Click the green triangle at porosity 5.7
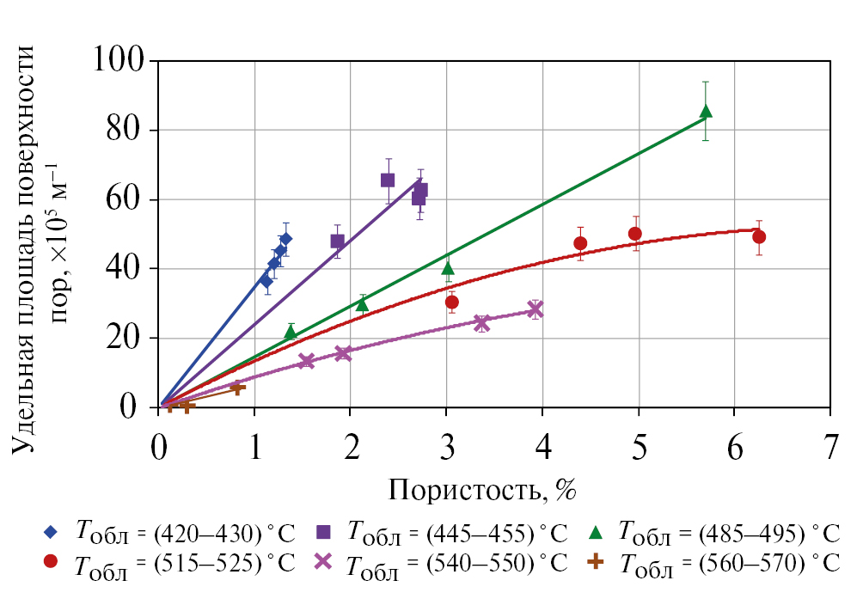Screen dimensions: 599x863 click(706, 111)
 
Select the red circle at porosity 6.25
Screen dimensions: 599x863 click(758, 236)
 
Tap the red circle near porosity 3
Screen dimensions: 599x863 click(452, 302)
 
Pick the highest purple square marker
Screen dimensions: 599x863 click(388, 180)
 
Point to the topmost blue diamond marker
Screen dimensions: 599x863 click(285, 239)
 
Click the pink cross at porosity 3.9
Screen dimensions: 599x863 click(536, 309)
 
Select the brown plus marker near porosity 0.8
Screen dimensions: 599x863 click(237, 388)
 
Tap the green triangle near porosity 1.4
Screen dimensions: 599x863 click(291, 332)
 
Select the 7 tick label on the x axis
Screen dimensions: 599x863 click(829, 447)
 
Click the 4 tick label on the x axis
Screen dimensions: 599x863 click(542, 447)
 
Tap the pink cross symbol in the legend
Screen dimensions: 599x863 click(323, 562)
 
